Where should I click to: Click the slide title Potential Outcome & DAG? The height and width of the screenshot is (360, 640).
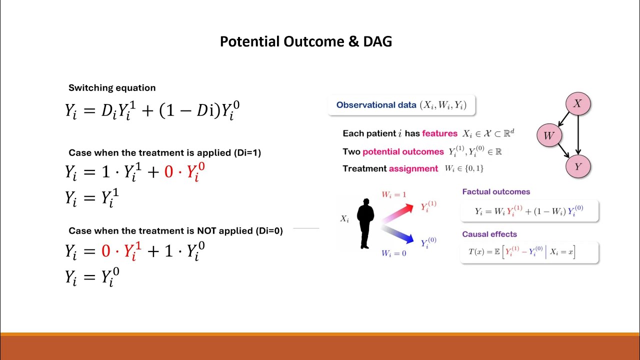tap(305, 41)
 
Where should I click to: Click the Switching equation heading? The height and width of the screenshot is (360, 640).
tap(112, 88)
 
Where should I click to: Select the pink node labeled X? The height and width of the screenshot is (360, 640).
tap(578, 104)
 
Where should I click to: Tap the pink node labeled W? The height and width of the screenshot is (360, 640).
tap(549, 135)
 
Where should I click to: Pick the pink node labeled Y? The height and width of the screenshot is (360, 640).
tap(578, 166)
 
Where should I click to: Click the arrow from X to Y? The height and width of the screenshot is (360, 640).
tap(578, 135)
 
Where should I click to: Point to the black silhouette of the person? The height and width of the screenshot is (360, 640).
tap(365, 223)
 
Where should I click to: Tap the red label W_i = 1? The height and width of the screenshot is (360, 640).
tap(394, 194)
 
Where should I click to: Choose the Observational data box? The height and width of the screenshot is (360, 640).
tap(401, 105)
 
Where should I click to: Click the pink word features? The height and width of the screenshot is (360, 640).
tap(439, 133)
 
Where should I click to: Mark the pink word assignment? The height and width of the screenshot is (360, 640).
tap(413, 168)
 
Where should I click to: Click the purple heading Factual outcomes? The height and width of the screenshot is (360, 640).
tap(496, 191)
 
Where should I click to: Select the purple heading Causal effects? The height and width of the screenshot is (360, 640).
tap(489, 234)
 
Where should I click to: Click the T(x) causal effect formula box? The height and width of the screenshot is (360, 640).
tap(529, 252)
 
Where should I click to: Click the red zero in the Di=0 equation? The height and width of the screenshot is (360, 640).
tap(105, 251)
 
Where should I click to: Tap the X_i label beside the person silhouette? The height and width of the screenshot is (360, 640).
tap(344, 218)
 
